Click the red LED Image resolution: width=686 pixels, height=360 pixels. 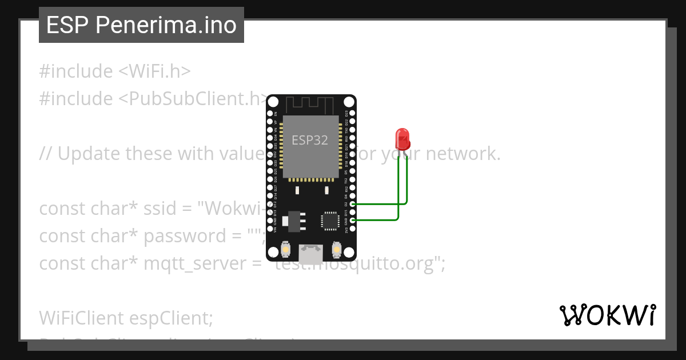[402, 138]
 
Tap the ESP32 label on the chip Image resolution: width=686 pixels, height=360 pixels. [310, 140]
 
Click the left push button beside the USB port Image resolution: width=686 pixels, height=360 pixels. [286, 250]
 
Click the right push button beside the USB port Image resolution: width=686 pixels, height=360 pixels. [336, 250]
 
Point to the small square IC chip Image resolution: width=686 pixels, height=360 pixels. [330, 221]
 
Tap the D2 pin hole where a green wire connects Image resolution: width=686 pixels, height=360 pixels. [353, 204]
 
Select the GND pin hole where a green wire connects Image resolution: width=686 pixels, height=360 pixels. [353, 220]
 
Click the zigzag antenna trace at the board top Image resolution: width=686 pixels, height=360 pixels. [309, 105]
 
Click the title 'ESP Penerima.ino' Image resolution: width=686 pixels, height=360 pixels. [141, 25]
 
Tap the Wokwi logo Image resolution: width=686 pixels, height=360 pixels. [608, 315]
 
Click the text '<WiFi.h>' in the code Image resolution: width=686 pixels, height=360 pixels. [154, 71]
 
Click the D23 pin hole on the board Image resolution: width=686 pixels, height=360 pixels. [353, 114]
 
